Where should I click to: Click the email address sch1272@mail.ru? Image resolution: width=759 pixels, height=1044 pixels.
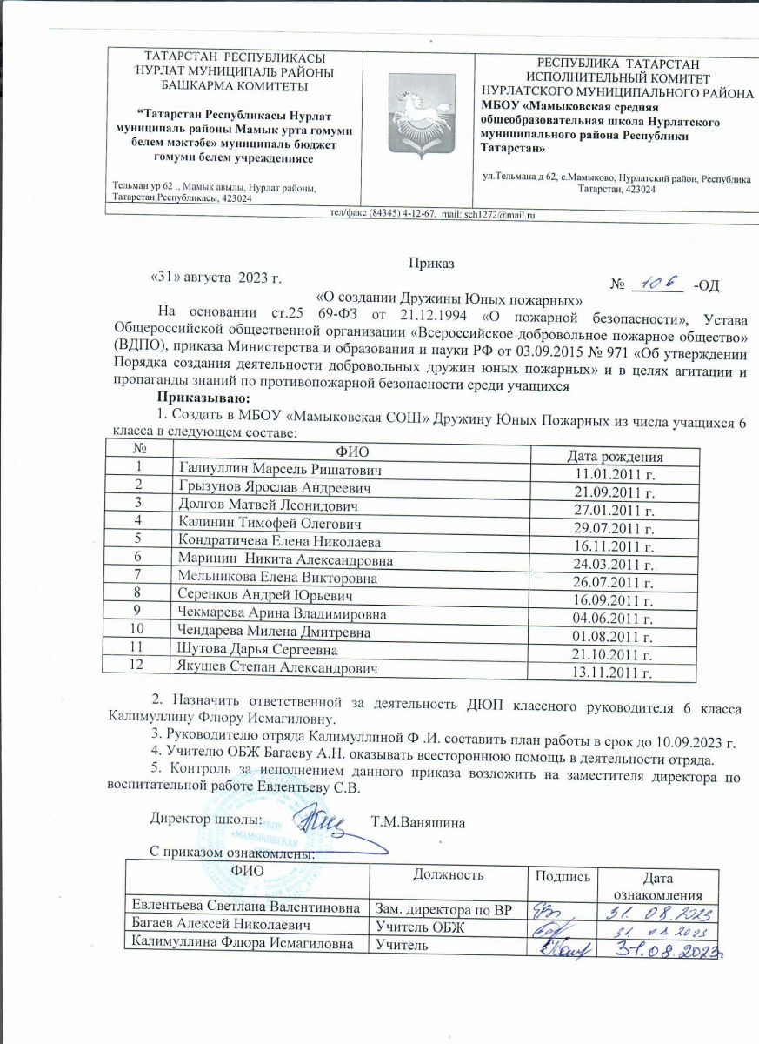pos(501,214)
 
